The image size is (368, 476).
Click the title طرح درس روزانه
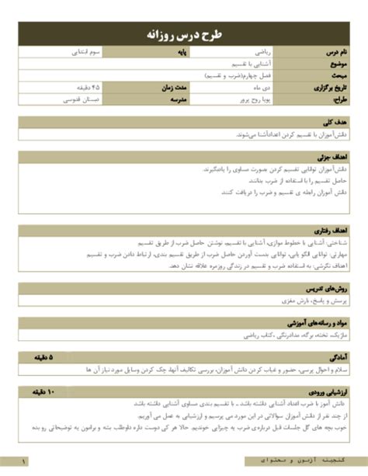pyautogui.click(x=184, y=36)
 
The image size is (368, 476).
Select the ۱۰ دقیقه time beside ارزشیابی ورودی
pyautogui.click(x=42, y=394)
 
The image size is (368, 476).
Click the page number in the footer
pyautogui.click(x=25, y=464)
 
